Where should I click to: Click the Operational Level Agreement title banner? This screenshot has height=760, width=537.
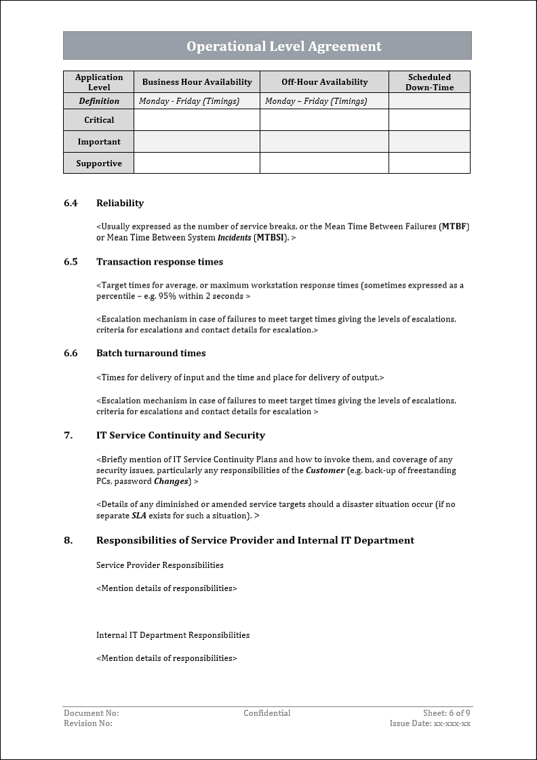283,46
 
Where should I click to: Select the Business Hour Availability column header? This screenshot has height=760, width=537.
197,82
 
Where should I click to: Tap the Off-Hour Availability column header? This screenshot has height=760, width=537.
324,82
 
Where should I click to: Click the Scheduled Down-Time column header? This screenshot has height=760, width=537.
429,82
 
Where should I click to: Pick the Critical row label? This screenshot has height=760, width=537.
99,120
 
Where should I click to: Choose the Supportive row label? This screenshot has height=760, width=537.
99,164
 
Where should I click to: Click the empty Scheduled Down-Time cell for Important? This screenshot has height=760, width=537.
429,142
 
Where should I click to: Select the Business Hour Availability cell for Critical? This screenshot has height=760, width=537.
197,120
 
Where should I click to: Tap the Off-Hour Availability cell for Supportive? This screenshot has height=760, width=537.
324,164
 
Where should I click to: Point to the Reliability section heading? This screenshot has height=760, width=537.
120,203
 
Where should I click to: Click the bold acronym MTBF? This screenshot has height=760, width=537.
455,226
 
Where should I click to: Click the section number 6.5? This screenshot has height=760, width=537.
71,262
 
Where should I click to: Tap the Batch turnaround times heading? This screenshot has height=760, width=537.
151,354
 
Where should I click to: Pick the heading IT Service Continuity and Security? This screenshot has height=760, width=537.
180,436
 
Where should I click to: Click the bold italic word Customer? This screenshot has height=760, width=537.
325,470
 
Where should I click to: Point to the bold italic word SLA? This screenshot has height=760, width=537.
120,516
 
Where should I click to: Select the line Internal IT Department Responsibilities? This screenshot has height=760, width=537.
173,635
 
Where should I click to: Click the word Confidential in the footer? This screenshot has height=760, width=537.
267,713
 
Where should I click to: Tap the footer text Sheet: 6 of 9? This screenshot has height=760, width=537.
446,713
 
